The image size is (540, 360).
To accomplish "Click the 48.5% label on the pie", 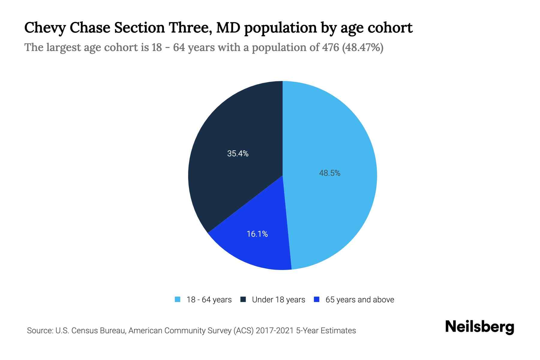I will pyautogui.click(x=329, y=173).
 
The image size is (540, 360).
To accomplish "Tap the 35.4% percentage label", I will pyautogui.click(x=238, y=154).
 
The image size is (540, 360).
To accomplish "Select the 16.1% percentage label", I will pyautogui.click(x=257, y=234).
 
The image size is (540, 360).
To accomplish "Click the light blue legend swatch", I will pyautogui.click(x=178, y=299).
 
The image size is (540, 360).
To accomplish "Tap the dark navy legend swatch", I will pyautogui.click(x=243, y=299).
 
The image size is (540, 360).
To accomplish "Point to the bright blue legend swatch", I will pyautogui.click(x=316, y=299).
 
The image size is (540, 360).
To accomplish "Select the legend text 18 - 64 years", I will pyautogui.click(x=209, y=300).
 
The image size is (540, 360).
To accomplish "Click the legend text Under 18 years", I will pyautogui.click(x=278, y=300).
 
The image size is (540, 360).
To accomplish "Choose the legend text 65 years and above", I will pyautogui.click(x=359, y=300).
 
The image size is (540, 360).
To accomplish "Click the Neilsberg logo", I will pyautogui.click(x=479, y=327).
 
